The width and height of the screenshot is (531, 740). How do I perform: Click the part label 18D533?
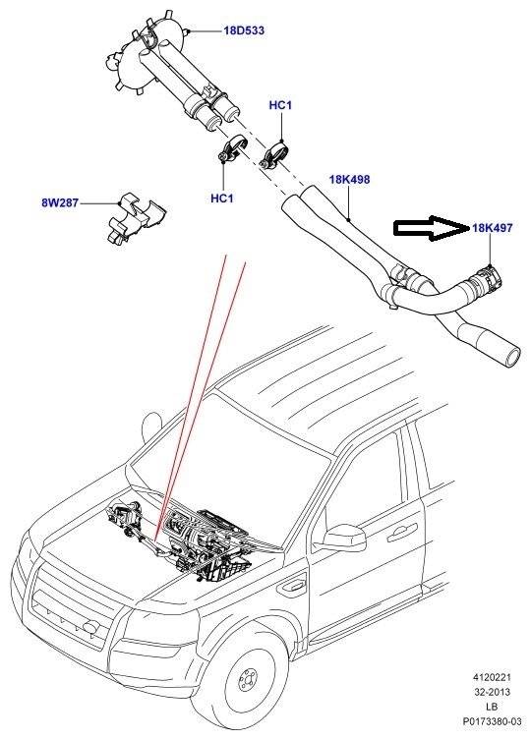[243, 30]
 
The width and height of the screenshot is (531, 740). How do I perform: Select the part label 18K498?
[349, 179]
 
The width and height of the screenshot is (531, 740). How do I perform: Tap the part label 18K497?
[492, 228]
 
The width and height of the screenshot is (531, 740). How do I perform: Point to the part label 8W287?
[60, 202]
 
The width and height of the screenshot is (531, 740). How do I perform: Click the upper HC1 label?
[280, 105]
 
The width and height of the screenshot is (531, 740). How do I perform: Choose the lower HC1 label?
[222, 199]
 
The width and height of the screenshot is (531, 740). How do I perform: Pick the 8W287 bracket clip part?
[135, 217]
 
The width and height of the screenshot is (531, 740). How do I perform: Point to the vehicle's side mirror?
[345, 539]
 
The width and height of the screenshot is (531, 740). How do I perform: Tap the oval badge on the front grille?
[89, 626]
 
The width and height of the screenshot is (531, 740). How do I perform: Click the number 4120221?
[492, 677]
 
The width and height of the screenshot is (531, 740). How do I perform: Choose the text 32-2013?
[493, 692]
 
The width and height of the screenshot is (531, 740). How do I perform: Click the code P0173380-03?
[493, 721]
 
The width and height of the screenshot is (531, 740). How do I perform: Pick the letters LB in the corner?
[492, 707]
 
